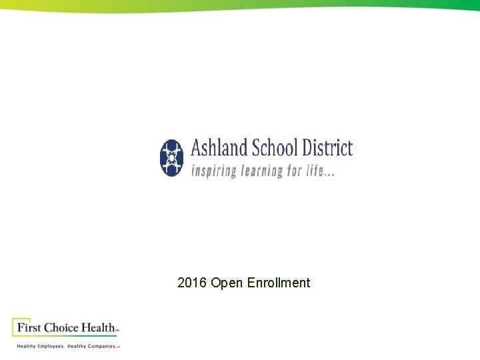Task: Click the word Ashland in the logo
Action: pyautogui.click(x=219, y=148)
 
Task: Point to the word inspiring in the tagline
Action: pyautogui.click(x=214, y=171)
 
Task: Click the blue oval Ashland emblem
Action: pyautogui.click(x=171, y=158)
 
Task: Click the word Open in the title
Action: pyautogui.click(x=227, y=283)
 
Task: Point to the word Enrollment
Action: pyautogui.click(x=279, y=283)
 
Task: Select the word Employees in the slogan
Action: pyautogui.click(x=51, y=347)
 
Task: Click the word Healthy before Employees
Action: pyautogui.click(x=27, y=347)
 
